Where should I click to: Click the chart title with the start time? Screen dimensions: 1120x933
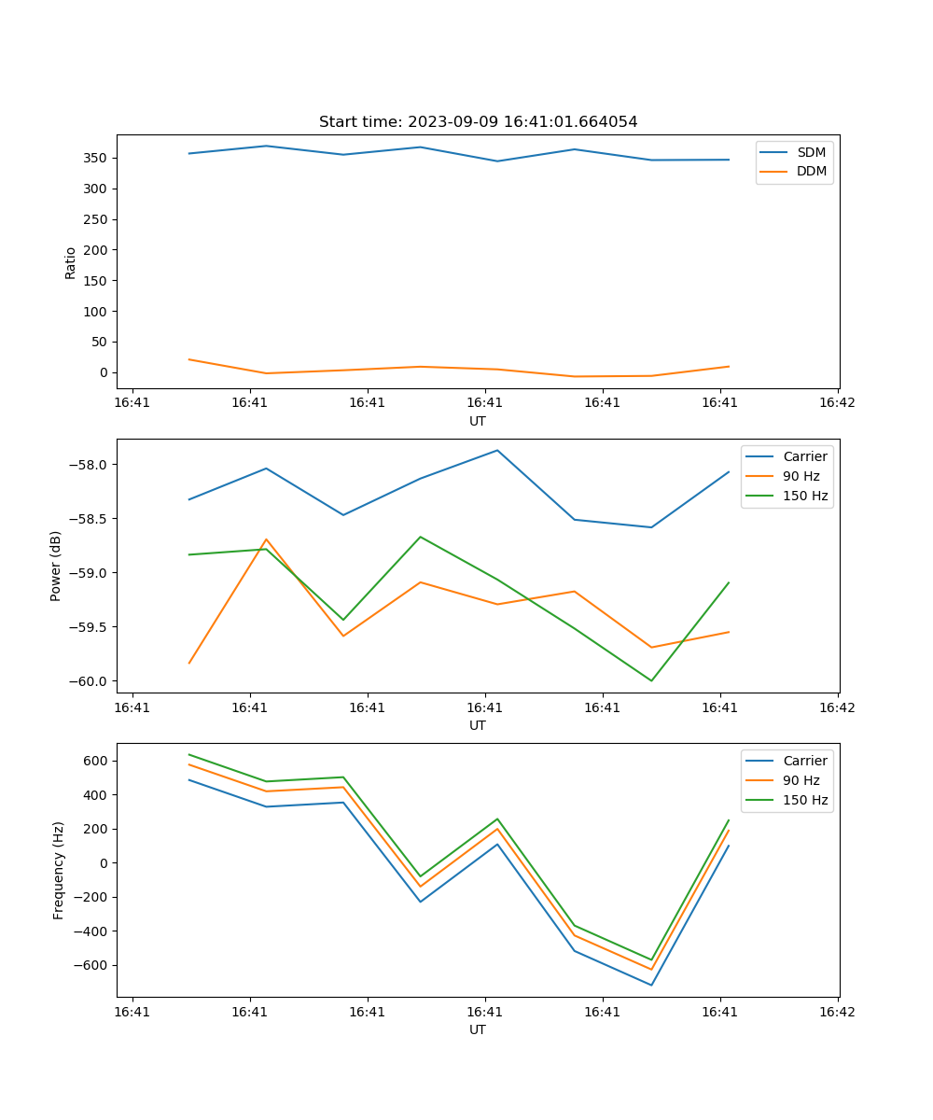pos(478,122)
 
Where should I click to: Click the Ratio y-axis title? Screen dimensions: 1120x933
pos(71,261)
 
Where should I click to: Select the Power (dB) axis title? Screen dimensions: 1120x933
pos(56,566)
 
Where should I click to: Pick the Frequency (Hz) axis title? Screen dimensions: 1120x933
pos(58,870)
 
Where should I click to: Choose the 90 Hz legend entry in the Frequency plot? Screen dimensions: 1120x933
pos(801,780)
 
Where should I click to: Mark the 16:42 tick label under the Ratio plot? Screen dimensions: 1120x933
pos(837,403)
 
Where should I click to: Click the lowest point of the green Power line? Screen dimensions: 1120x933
pos(651,680)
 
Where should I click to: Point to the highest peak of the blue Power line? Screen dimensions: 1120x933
pos(497,450)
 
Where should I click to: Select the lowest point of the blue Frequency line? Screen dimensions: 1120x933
pos(651,985)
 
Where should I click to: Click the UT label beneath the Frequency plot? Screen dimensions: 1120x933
pos(478,1029)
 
